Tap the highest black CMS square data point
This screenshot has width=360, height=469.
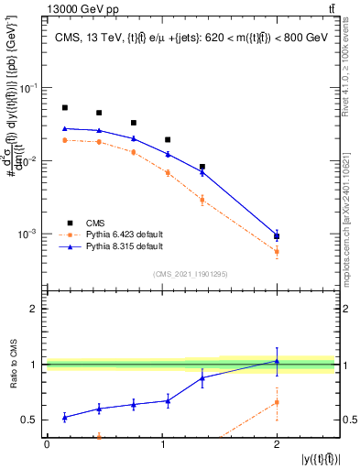[64, 108]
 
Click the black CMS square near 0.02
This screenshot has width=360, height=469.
[168, 140]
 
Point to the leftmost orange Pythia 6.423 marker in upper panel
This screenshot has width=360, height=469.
[64, 140]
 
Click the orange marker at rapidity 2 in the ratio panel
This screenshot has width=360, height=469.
[277, 402]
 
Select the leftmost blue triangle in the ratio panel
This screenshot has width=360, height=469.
[64, 417]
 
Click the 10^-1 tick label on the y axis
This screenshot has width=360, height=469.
[29, 88]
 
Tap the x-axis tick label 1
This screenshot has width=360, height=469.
[162, 444]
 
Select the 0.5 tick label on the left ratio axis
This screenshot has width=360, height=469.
[33, 420]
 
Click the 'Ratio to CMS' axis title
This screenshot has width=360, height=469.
[11, 364]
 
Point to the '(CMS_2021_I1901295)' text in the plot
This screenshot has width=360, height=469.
[190, 274]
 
